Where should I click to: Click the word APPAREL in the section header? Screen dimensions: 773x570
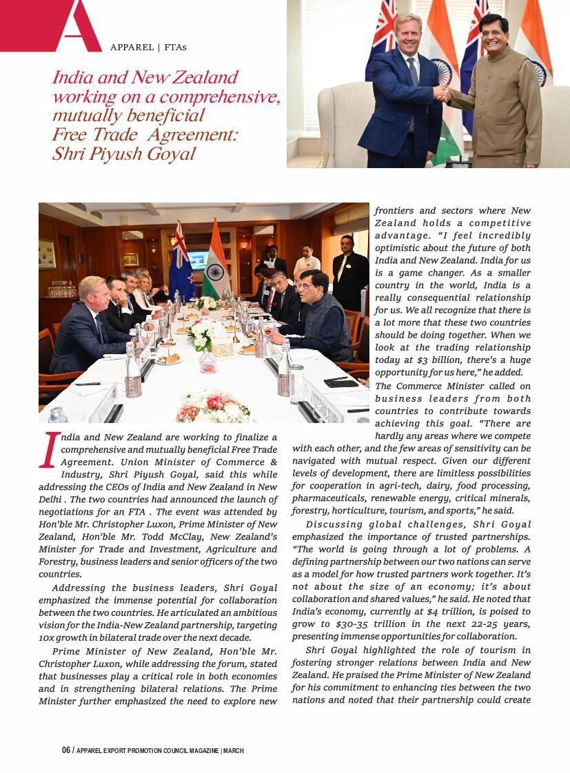pos(132,48)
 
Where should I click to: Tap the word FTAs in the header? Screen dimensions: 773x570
pos(176,48)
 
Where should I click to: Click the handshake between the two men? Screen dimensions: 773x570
pos(442,93)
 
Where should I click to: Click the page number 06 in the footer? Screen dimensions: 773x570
pos(66,750)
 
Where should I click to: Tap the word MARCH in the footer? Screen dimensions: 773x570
pos(234,750)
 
